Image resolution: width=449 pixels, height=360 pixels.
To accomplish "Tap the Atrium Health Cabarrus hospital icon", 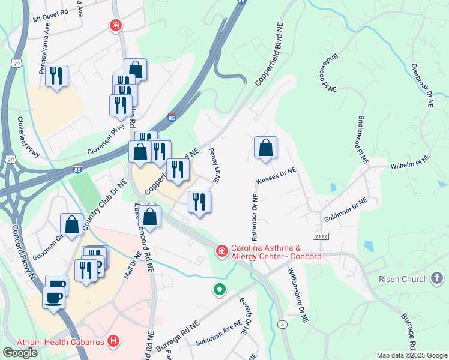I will tap(114, 342).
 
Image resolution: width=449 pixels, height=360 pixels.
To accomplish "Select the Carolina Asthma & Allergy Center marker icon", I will tap(221, 250).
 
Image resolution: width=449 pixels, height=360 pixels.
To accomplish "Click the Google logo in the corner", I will tap(20, 353).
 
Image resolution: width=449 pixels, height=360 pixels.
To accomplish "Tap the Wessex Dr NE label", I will tap(276, 175).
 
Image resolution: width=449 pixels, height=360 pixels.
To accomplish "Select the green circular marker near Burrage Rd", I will tap(220, 290).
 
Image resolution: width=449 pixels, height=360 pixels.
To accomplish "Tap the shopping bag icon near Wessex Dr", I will tap(265, 148).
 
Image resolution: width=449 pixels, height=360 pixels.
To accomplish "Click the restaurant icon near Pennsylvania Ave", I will tap(56, 76).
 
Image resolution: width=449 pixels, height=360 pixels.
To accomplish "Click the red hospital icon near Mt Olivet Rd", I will tap(115, 25).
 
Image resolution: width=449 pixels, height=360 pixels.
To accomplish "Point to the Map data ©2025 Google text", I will tap(412, 355).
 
